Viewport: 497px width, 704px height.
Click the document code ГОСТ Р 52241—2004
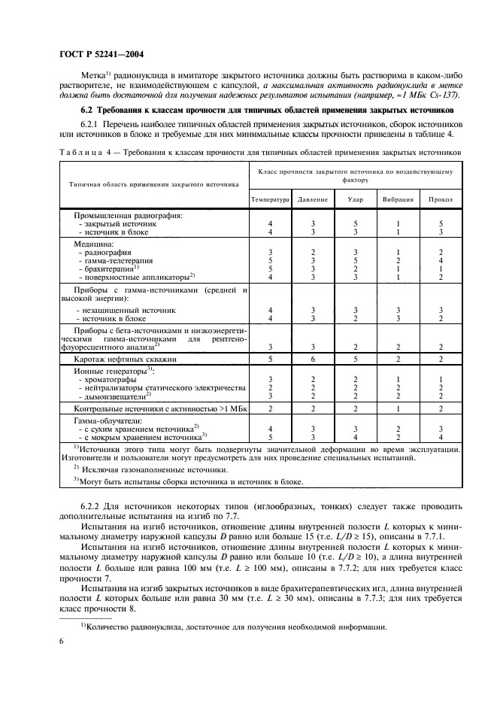[x=102, y=53]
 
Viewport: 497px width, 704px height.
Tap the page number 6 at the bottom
[x=59, y=641]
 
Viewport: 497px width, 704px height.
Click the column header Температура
[x=269, y=200]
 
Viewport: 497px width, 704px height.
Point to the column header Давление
[x=312, y=200]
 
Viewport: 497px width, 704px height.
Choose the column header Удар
[x=356, y=200]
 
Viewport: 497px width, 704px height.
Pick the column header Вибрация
[x=399, y=200]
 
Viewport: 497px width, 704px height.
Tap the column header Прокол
[x=441, y=200]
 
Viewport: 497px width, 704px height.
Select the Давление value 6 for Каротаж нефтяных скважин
[x=313, y=360]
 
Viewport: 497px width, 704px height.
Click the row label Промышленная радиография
[x=123, y=216]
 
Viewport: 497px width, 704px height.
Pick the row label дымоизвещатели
[x=114, y=395]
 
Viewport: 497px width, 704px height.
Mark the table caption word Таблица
[x=79, y=152]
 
